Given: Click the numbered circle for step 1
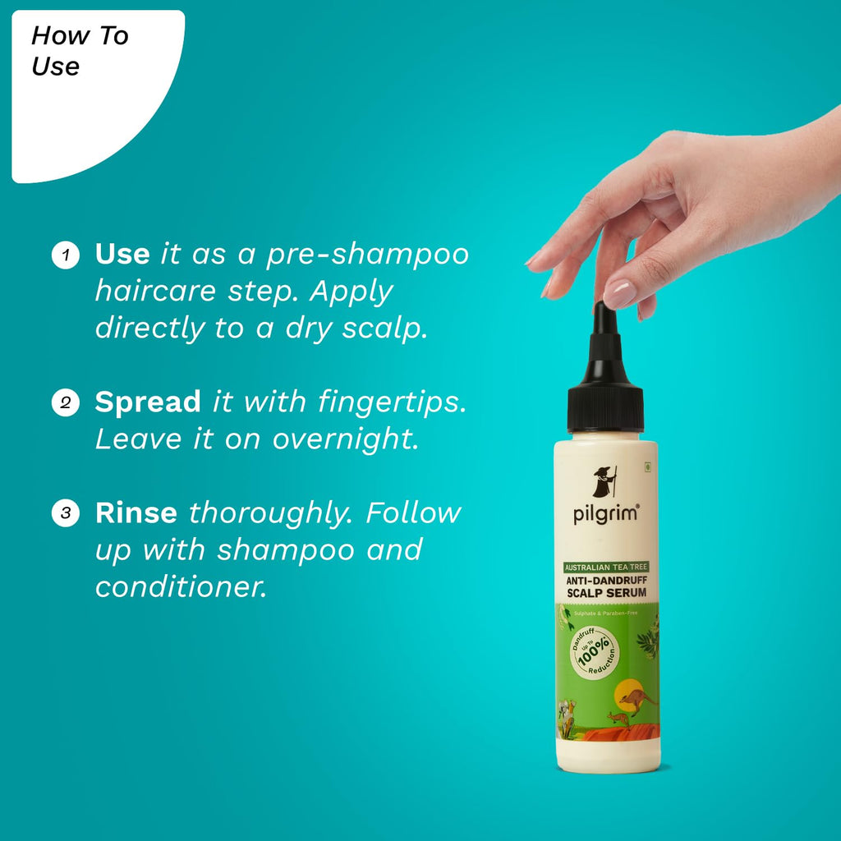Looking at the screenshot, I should tap(65, 255).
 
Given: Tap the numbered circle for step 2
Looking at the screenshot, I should tap(65, 403).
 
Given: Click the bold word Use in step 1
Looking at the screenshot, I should tap(122, 255).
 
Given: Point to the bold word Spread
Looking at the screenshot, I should tap(148, 402).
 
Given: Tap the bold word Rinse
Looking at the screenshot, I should tap(136, 513).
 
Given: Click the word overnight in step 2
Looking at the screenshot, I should tap(345, 439).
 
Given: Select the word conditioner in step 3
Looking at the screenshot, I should tap(181, 586).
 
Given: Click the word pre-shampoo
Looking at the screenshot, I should tap(367, 255).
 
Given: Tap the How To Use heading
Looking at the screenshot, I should tap(80, 51).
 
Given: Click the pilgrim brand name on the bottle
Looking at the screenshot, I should tap(605, 514).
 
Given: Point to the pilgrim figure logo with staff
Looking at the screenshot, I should tap(604, 481).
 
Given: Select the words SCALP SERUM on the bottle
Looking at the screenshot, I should tap(606, 593).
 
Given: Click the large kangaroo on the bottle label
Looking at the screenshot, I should tap(637, 700).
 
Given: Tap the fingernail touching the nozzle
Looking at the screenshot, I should tap(619, 293).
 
